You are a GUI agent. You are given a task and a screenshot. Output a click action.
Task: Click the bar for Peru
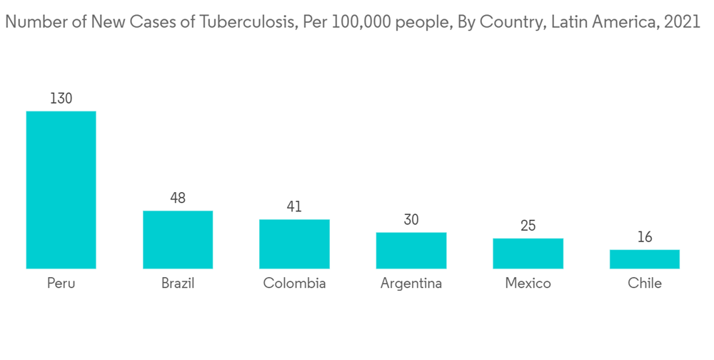tap(61, 190)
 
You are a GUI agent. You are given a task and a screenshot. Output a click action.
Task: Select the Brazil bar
tap(178, 240)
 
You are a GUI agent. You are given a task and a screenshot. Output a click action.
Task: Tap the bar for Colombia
tap(294, 244)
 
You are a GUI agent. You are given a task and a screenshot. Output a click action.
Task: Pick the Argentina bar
tap(411, 251)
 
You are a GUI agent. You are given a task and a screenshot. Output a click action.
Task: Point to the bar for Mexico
tap(528, 254)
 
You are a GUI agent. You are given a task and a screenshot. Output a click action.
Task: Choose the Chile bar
tap(644, 259)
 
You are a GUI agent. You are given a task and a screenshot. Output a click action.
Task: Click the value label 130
tap(61, 99)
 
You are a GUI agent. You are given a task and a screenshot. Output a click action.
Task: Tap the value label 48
tap(178, 198)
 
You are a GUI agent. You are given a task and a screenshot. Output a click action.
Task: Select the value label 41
tap(294, 206)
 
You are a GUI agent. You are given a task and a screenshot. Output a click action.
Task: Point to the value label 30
tap(411, 220)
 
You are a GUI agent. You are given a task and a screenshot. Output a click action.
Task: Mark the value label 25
tap(528, 226)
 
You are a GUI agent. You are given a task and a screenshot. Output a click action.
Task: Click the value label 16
tap(644, 237)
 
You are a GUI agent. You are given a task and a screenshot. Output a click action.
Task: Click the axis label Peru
tap(61, 284)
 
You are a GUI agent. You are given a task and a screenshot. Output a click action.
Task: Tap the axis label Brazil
tap(178, 284)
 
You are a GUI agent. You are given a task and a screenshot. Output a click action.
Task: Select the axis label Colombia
tap(294, 284)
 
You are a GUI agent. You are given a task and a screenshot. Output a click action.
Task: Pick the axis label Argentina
tap(411, 284)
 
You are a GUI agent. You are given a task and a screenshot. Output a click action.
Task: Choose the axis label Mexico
tap(528, 284)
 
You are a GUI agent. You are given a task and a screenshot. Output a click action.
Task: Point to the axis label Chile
tap(644, 284)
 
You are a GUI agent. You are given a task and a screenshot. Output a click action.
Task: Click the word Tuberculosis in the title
tap(249, 22)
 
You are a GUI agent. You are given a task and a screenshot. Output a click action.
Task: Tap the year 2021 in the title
tap(682, 22)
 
